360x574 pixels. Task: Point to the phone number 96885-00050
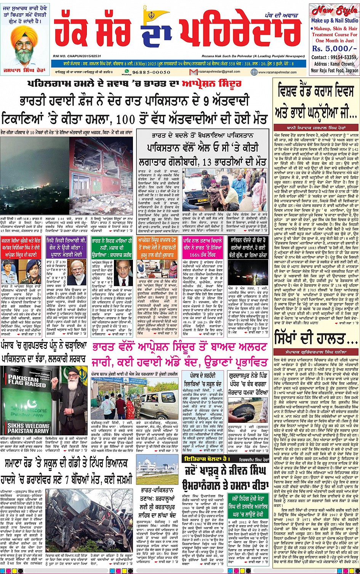coord(152,72)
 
